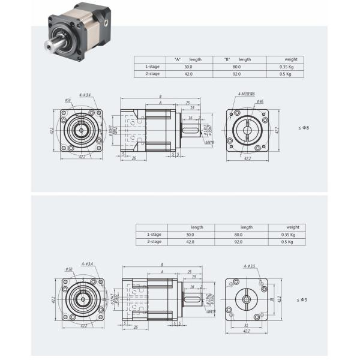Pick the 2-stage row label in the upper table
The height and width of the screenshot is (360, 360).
(152, 74)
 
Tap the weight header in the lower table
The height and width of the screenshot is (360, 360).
(292, 227)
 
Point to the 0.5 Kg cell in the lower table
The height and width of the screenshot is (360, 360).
(287, 241)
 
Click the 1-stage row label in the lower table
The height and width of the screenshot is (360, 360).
(154, 235)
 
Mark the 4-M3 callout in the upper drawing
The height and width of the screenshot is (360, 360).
(245, 95)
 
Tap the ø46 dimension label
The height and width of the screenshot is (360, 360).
(259, 102)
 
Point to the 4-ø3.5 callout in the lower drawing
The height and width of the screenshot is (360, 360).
(250, 266)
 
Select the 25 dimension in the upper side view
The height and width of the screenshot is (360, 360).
(188, 103)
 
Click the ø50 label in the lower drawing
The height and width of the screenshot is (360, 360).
(69, 269)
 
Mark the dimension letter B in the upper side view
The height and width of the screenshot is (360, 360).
(161, 96)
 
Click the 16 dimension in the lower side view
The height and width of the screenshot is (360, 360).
(191, 287)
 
